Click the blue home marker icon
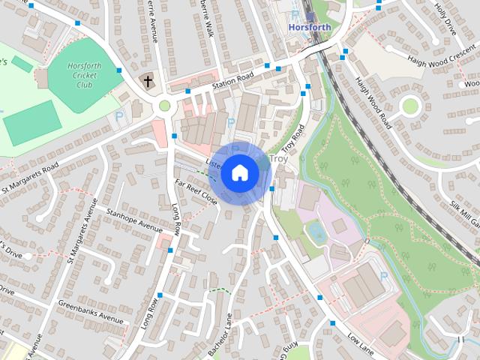(239, 172)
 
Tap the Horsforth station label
(310, 26)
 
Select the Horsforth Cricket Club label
(83, 76)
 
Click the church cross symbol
(148, 81)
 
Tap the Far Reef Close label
(196, 192)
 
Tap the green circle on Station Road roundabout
(164, 106)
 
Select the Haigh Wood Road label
(371, 102)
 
